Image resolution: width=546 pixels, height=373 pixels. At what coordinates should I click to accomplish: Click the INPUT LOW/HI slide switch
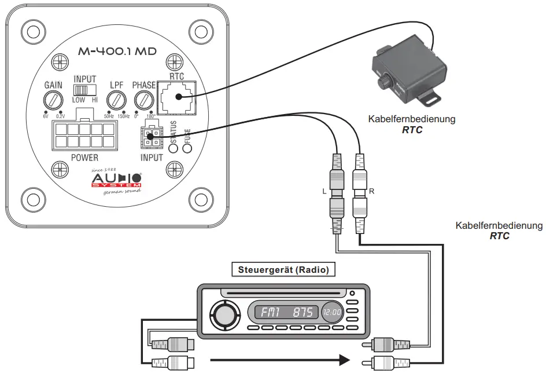coord(84,90)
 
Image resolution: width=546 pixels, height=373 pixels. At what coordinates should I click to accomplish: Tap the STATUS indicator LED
coord(173,147)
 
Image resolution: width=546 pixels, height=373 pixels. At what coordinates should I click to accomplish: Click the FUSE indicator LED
coord(187,147)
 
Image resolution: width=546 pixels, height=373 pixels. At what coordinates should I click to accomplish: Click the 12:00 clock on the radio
coord(332,313)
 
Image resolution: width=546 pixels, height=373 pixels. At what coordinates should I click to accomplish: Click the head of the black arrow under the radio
coord(345,360)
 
